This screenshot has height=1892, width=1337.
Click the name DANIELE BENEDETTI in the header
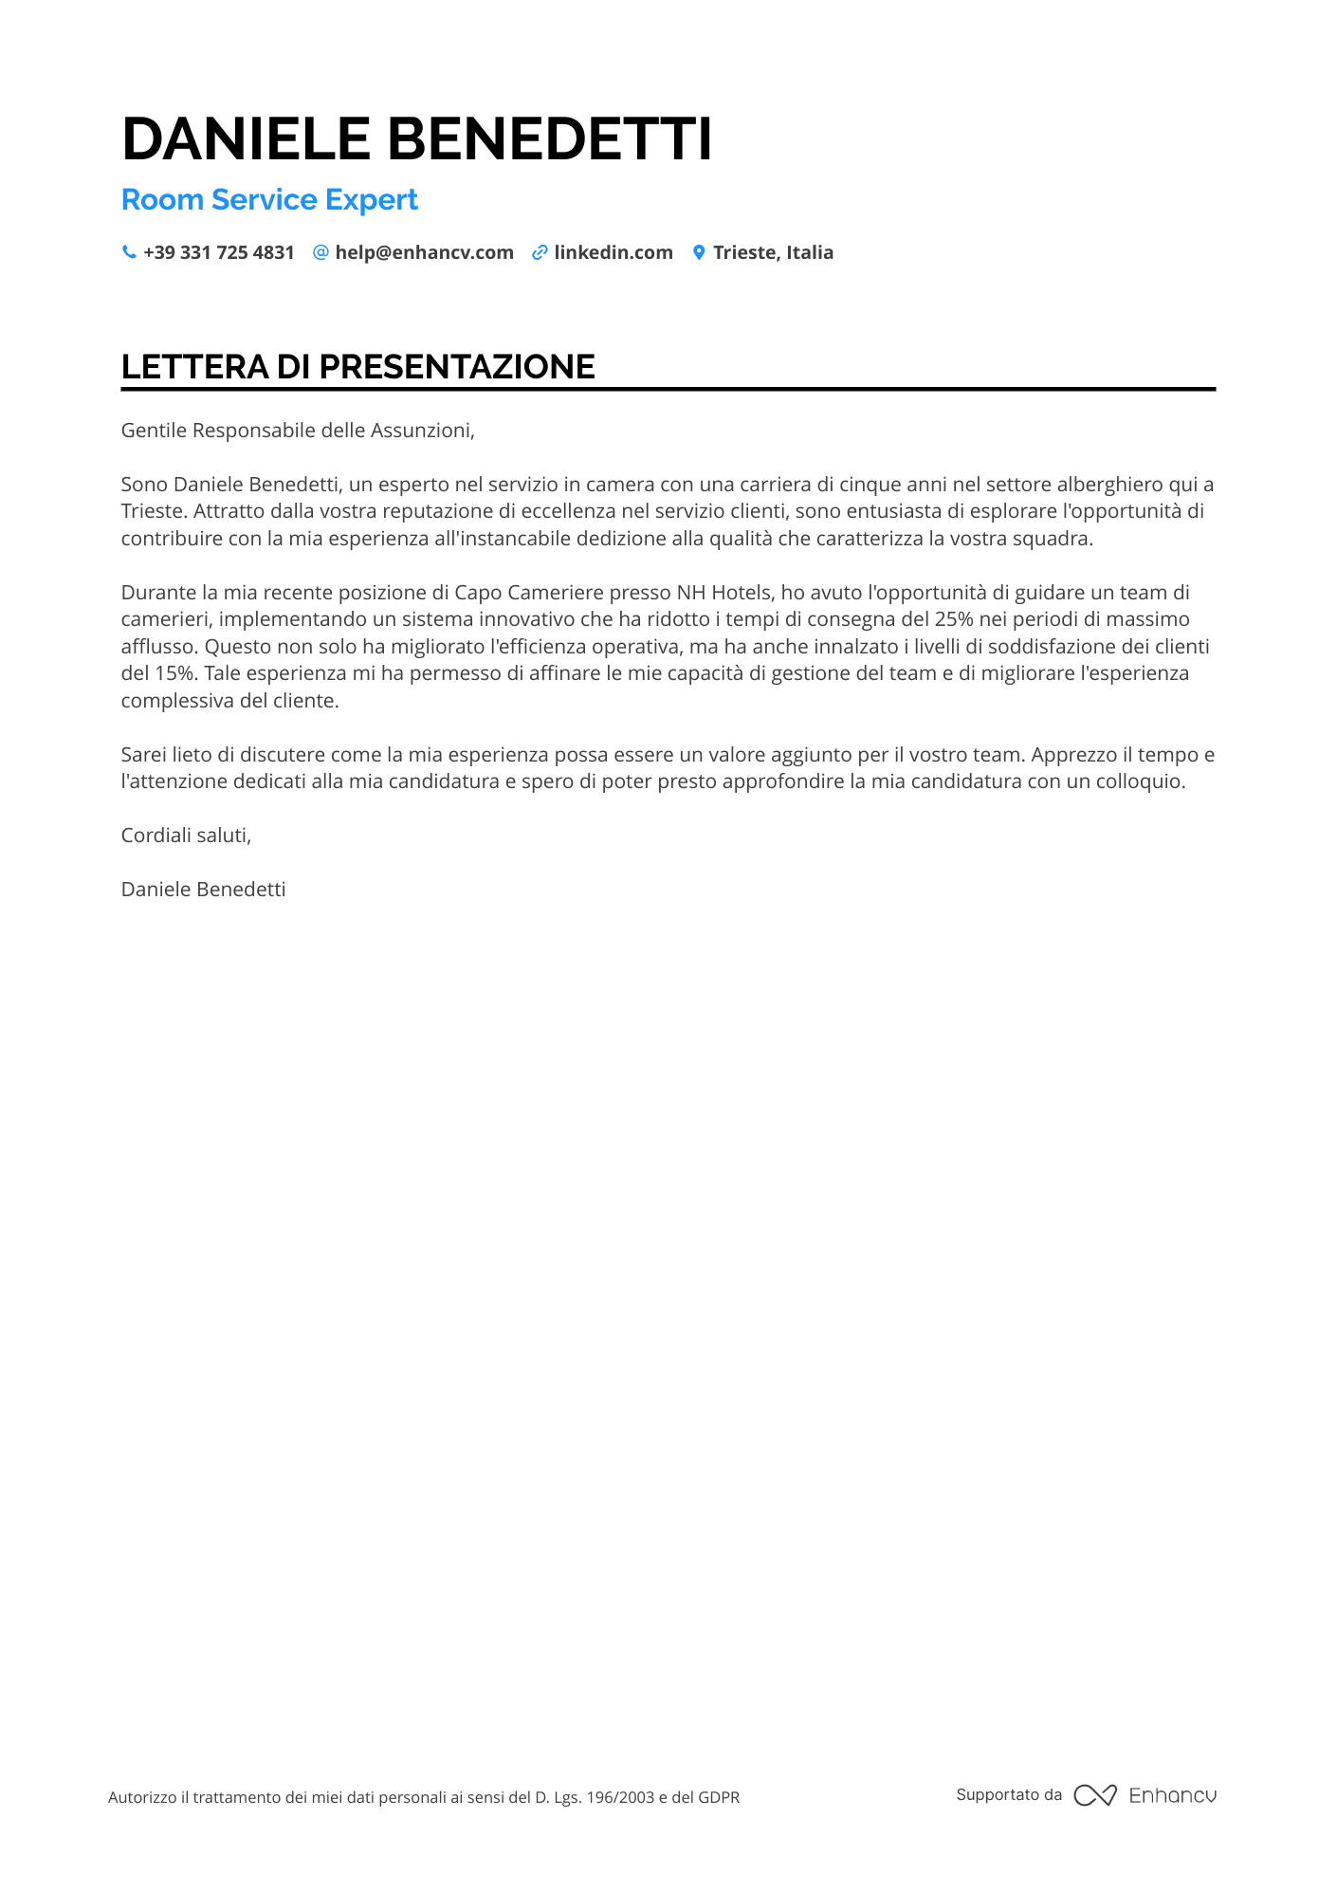tap(416, 138)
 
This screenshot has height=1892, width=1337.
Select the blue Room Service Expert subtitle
tap(269, 200)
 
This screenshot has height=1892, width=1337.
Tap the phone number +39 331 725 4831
tap(218, 252)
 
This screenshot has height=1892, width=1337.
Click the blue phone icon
tap(129, 252)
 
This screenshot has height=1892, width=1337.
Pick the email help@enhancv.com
tap(424, 252)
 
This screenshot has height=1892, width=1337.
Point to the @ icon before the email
tap(321, 252)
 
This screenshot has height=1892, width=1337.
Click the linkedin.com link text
tap(613, 252)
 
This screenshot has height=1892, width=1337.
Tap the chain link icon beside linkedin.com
tap(540, 252)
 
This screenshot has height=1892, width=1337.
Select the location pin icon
tap(699, 252)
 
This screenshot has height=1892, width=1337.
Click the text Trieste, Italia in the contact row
tap(773, 252)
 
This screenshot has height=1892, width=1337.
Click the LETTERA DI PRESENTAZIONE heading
tap(357, 367)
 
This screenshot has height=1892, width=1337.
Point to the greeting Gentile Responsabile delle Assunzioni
tap(297, 431)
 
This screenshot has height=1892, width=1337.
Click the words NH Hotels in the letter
tap(724, 593)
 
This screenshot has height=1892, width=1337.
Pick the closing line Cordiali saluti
tap(186, 836)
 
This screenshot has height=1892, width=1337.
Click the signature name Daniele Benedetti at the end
tap(203, 890)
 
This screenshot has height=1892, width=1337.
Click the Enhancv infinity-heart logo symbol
tap(1094, 1795)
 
